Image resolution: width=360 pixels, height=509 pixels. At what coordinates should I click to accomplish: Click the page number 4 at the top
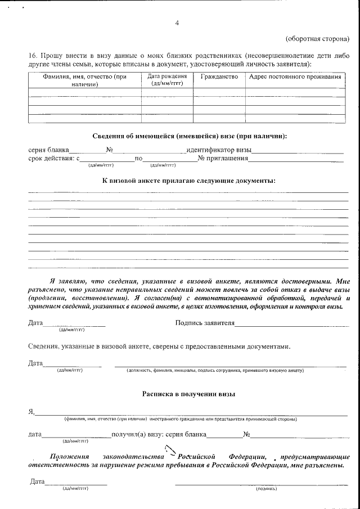pos(178,22)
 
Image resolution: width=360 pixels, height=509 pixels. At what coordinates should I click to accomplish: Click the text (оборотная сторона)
pos(317,39)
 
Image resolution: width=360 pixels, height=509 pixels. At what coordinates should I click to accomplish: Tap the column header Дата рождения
pos(166,79)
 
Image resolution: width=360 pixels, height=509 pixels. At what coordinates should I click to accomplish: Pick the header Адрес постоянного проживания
pos(295,76)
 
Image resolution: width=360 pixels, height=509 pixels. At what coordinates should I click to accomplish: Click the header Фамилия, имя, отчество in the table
pos(85,80)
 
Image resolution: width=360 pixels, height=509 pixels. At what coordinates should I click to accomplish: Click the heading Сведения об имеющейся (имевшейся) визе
pos(189,137)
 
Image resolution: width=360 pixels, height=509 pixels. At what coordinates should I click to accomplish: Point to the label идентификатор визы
pos(219,150)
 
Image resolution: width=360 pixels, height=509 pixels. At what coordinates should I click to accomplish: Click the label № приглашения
pos(223,159)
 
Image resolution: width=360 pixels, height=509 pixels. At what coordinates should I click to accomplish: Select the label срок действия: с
pos(51,159)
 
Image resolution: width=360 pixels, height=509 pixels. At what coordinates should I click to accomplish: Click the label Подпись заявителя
pos(205,323)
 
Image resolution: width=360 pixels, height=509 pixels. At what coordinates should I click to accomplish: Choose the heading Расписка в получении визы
pos(188,394)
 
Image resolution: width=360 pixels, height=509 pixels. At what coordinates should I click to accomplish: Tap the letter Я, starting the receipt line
pos(31,412)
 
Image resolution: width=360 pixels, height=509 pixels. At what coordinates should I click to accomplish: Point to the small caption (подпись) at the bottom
pos(266,489)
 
